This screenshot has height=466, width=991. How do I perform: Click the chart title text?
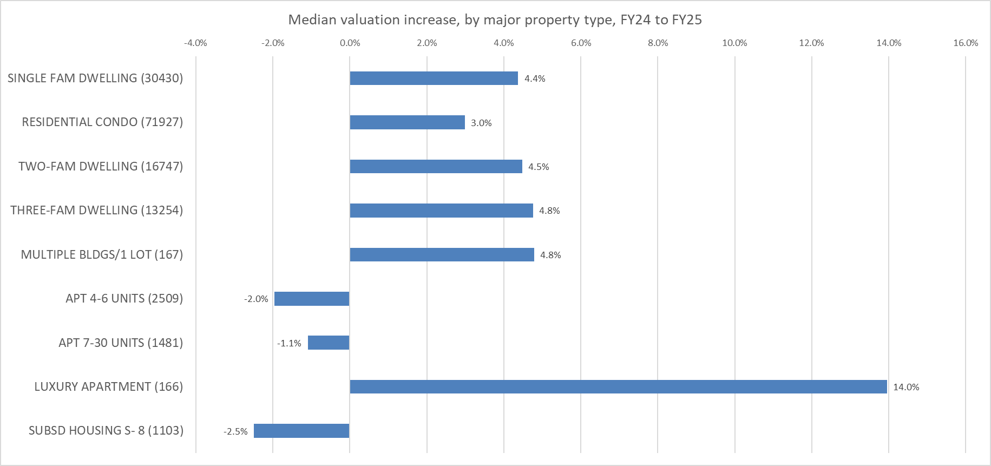pos(495,20)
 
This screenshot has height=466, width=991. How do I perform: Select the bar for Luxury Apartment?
pos(618,386)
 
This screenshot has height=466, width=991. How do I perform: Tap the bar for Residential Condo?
pos(407,122)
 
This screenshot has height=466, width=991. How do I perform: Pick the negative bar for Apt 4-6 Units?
pos(312,299)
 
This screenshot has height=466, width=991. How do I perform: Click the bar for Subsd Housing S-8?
pos(301,431)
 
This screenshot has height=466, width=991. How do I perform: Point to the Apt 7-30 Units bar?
pos(329,343)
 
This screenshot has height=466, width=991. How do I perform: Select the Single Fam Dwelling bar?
pos(434,78)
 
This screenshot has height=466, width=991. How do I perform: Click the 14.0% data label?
pos(906,387)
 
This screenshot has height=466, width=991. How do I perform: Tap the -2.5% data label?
pos(235,431)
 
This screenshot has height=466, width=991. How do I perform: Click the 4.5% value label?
pos(539,167)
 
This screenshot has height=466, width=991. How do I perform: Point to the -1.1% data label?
pos(289,343)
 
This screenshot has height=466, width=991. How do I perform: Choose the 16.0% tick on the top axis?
pos(966,43)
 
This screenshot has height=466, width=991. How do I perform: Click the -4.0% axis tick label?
pos(195,43)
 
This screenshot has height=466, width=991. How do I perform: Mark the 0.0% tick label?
pos(350,43)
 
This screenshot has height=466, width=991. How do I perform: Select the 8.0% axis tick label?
pos(658,43)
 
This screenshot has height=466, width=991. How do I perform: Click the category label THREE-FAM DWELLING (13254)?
pos(96,210)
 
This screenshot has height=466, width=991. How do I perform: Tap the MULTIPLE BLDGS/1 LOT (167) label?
pos(102,254)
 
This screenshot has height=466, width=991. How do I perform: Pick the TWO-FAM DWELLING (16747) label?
pos(101,166)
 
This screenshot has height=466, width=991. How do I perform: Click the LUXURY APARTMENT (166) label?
pos(108,386)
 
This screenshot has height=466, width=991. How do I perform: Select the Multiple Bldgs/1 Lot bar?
pos(442,254)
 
